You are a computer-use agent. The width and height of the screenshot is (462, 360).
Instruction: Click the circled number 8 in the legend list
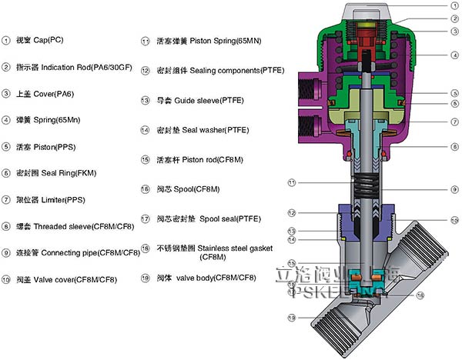(x=7, y=226)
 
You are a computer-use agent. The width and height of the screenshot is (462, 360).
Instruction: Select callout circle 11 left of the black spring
(x=292, y=182)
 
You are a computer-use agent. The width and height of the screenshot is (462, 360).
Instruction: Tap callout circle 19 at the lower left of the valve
(x=292, y=317)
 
